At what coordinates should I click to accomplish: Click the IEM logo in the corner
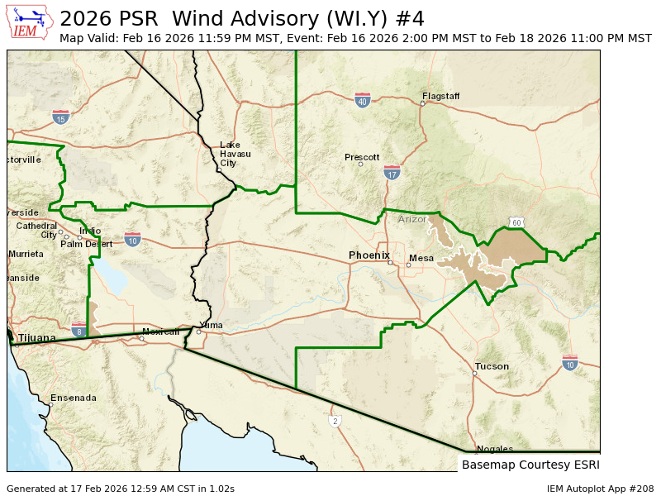[30, 21]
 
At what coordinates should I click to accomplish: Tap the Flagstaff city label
[440, 96]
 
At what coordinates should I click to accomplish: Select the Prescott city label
[362, 157]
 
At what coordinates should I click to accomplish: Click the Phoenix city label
[369, 255]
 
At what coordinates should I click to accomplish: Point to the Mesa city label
[421, 258]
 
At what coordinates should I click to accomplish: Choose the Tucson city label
[492, 366]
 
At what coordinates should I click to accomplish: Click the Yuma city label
[212, 325]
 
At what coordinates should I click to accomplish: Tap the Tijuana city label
[37, 337]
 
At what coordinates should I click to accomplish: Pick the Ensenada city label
[74, 398]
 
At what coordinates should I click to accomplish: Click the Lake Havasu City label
[230, 154]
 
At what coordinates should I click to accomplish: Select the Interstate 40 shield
[362, 100]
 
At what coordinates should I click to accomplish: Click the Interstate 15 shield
[60, 117]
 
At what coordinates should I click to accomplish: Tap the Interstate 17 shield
[392, 173]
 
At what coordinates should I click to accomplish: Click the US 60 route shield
[516, 222]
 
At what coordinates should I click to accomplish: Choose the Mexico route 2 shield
[335, 421]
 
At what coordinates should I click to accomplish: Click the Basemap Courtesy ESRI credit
[530, 465]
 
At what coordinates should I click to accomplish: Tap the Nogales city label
[495, 449]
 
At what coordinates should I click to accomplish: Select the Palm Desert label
[86, 244]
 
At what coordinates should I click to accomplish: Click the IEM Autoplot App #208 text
[600, 489]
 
